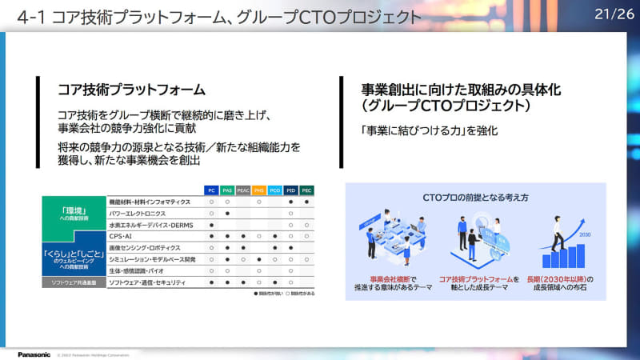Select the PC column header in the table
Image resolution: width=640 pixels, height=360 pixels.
(x=211, y=190)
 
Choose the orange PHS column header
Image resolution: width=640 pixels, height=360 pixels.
(x=258, y=190)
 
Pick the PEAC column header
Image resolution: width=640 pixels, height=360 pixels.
(x=243, y=190)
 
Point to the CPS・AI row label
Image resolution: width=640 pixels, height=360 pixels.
(x=122, y=236)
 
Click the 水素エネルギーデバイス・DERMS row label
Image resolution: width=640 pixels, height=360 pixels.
(x=152, y=225)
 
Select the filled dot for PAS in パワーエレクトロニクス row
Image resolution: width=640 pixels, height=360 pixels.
(x=227, y=214)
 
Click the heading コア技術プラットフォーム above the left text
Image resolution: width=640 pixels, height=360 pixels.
(x=131, y=90)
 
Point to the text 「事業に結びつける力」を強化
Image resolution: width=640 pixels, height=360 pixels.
(x=430, y=130)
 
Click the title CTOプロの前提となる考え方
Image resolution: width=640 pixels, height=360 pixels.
(x=475, y=197)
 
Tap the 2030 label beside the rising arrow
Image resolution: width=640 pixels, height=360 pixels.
(x=585, y=235)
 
